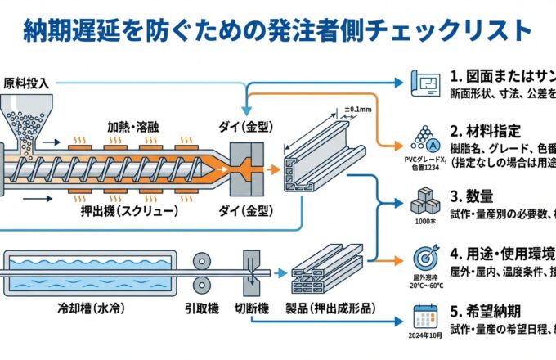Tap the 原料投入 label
click(x=27, y=83)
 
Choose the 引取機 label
click(x=201, y=308)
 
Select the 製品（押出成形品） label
click(x=332, y=308)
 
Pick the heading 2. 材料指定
click(x=485, y=131)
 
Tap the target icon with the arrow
click(x=425, y=256)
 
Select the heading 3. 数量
click(x=472, y=196)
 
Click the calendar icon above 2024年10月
click(x=425, y=316)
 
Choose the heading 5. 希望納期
click(x=485, y=311)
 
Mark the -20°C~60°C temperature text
click(x=425, y=286)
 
